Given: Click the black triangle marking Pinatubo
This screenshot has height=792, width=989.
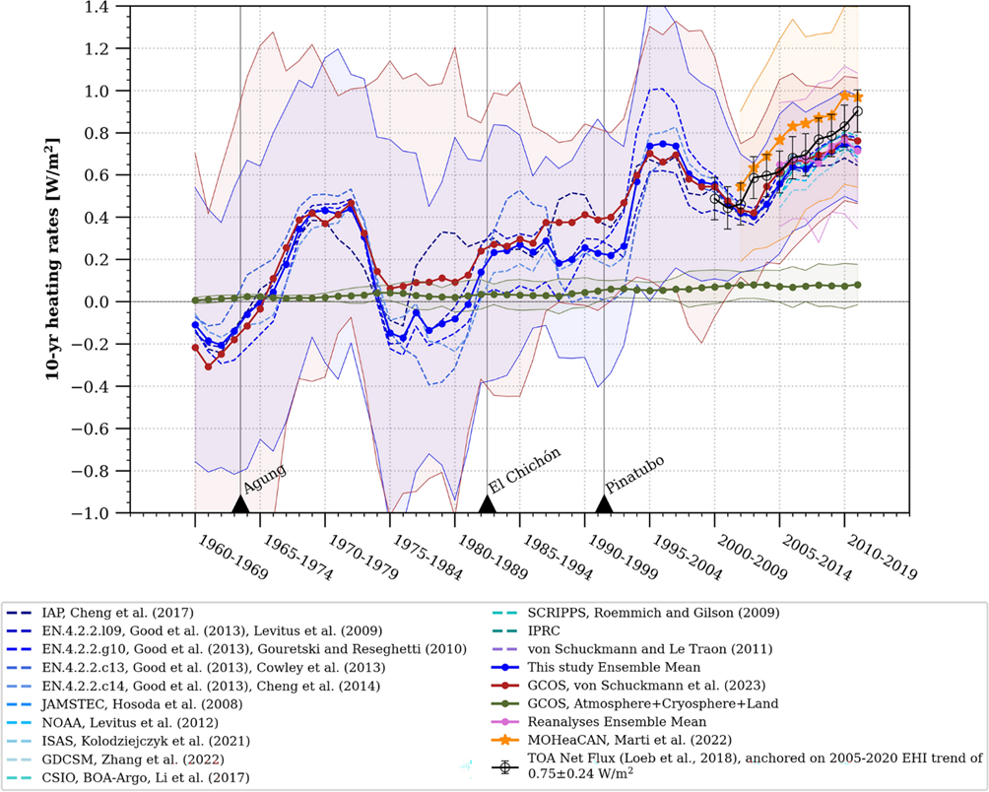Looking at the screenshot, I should coord(604,504).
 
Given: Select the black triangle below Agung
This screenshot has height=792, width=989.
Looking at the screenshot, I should coord(239,504).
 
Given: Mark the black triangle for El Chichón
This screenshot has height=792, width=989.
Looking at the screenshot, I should coord(487,504).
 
